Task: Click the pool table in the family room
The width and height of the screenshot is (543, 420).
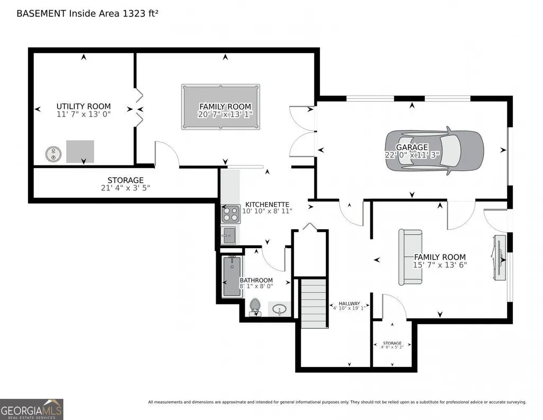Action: (220, 107)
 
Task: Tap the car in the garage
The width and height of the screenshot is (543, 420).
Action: (434, 151)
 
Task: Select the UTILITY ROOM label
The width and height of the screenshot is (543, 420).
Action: (84, 107)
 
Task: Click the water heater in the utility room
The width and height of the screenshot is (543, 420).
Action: (54, 154)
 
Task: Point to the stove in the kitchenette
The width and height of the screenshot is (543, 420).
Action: (230, 214)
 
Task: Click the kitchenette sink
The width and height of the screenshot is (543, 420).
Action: (228, 235)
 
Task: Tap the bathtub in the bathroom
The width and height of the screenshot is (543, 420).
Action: (232, 276)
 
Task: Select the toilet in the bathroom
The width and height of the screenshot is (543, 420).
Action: (255, 307)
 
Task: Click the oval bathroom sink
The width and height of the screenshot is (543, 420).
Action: (279, 309)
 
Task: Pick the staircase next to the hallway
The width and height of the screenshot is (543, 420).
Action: (314, 303)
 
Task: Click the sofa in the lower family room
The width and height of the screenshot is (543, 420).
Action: (410, 257)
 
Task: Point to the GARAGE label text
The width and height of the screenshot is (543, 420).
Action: (412, 147)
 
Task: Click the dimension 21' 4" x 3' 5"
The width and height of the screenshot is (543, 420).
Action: (126, 188)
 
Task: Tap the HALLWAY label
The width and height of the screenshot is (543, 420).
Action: (349, 303)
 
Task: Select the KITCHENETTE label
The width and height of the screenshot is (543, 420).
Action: (267, 205)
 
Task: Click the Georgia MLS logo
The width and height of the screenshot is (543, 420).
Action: (31, 409)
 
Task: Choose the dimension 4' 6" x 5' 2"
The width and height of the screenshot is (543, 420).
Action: (393, 347)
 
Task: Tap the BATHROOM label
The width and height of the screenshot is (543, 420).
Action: (256, 280)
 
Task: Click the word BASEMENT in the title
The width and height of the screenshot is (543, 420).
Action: (41, 13)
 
